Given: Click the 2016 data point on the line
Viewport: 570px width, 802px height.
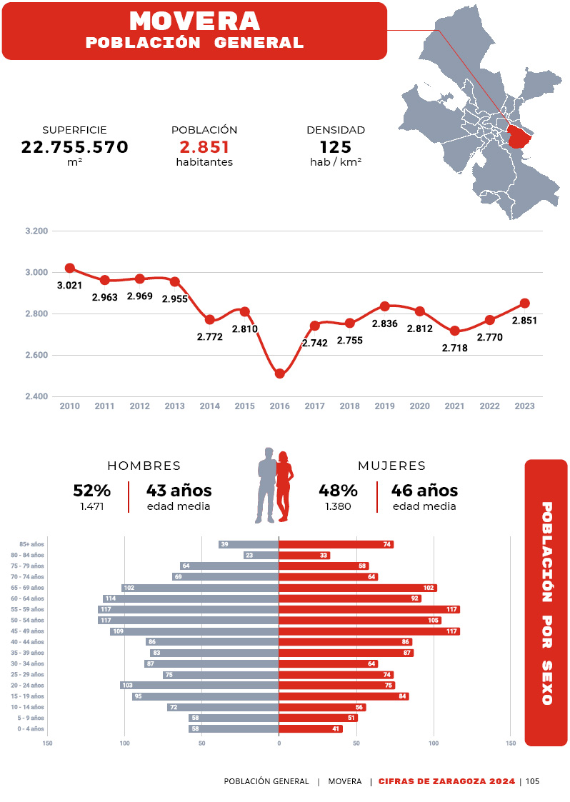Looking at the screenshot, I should coord(280,374).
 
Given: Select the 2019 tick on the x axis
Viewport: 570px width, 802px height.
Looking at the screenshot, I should coord(384,406).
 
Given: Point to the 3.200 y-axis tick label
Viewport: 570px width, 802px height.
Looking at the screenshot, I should coord(36,231).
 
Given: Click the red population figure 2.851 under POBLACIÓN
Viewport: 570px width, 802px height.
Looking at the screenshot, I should coord(204,147).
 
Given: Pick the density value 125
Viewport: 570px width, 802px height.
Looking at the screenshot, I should coord(336,147).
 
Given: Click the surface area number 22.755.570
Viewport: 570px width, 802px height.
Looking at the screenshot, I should coord(74,147).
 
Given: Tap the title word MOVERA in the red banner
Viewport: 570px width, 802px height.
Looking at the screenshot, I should coord(194,21).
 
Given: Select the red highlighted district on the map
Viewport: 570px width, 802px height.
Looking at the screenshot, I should coord(521,135).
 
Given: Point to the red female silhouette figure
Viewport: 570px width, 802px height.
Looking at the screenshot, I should coord(284,486).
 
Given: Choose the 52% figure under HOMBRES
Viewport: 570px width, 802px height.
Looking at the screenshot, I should coord(91,491).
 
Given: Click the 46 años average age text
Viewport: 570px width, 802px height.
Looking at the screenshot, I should coord(424,491).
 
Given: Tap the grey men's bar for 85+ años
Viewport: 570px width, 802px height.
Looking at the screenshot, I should coord(249,544).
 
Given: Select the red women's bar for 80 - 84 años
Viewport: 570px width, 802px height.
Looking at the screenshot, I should coord(304,555).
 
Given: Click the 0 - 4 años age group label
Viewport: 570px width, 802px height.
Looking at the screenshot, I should coord(31,729).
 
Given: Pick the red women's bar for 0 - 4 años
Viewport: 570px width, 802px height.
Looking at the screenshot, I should coord(310,729).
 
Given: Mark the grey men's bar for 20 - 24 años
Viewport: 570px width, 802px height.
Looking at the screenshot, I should coord(199,686).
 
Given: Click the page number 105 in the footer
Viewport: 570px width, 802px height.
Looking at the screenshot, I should coord(532,781).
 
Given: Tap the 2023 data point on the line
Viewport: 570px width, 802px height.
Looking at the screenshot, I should coord(524,303).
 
